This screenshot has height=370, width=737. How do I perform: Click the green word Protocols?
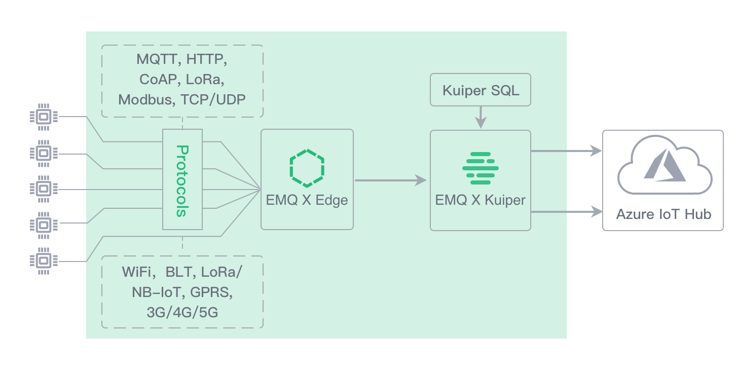tap(182, 181)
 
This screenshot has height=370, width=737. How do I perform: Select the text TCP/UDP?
tap(213, 99)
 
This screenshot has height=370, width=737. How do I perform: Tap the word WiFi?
tap(138, 272)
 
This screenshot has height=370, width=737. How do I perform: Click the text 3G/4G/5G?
tap(182, 312)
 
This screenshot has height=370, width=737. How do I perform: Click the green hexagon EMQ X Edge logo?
tap(307, 168)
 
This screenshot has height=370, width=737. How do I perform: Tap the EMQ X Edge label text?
tap(307, 200)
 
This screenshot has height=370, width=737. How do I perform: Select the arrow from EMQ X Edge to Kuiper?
tap(390, 180)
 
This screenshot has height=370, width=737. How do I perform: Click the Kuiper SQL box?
tap(480, 90)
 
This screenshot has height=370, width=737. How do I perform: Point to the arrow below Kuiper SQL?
tap(480, 118)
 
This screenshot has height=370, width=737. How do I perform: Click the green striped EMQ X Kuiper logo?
tap(480, 168)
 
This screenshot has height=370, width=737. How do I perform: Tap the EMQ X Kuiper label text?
tap(480, 200)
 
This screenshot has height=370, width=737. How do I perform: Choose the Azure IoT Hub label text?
tap(664, 214)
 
